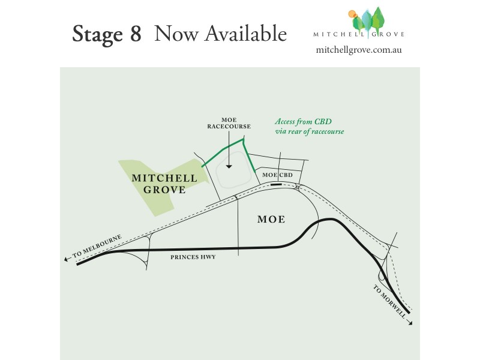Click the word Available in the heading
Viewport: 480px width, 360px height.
click(245, 34)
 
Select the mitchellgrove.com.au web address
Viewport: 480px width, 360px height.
click(358, 50)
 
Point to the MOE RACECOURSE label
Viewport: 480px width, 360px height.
click(229, 123)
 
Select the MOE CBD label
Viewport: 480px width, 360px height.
click(278, 175)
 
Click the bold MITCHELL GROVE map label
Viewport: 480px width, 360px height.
click(164, 184)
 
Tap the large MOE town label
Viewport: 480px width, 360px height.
click(271, 220)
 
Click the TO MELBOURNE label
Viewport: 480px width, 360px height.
click(97, 247)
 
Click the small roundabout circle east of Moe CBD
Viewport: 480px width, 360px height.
click(298, 188)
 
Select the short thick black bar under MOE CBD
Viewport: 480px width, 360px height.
click(276, 185)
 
